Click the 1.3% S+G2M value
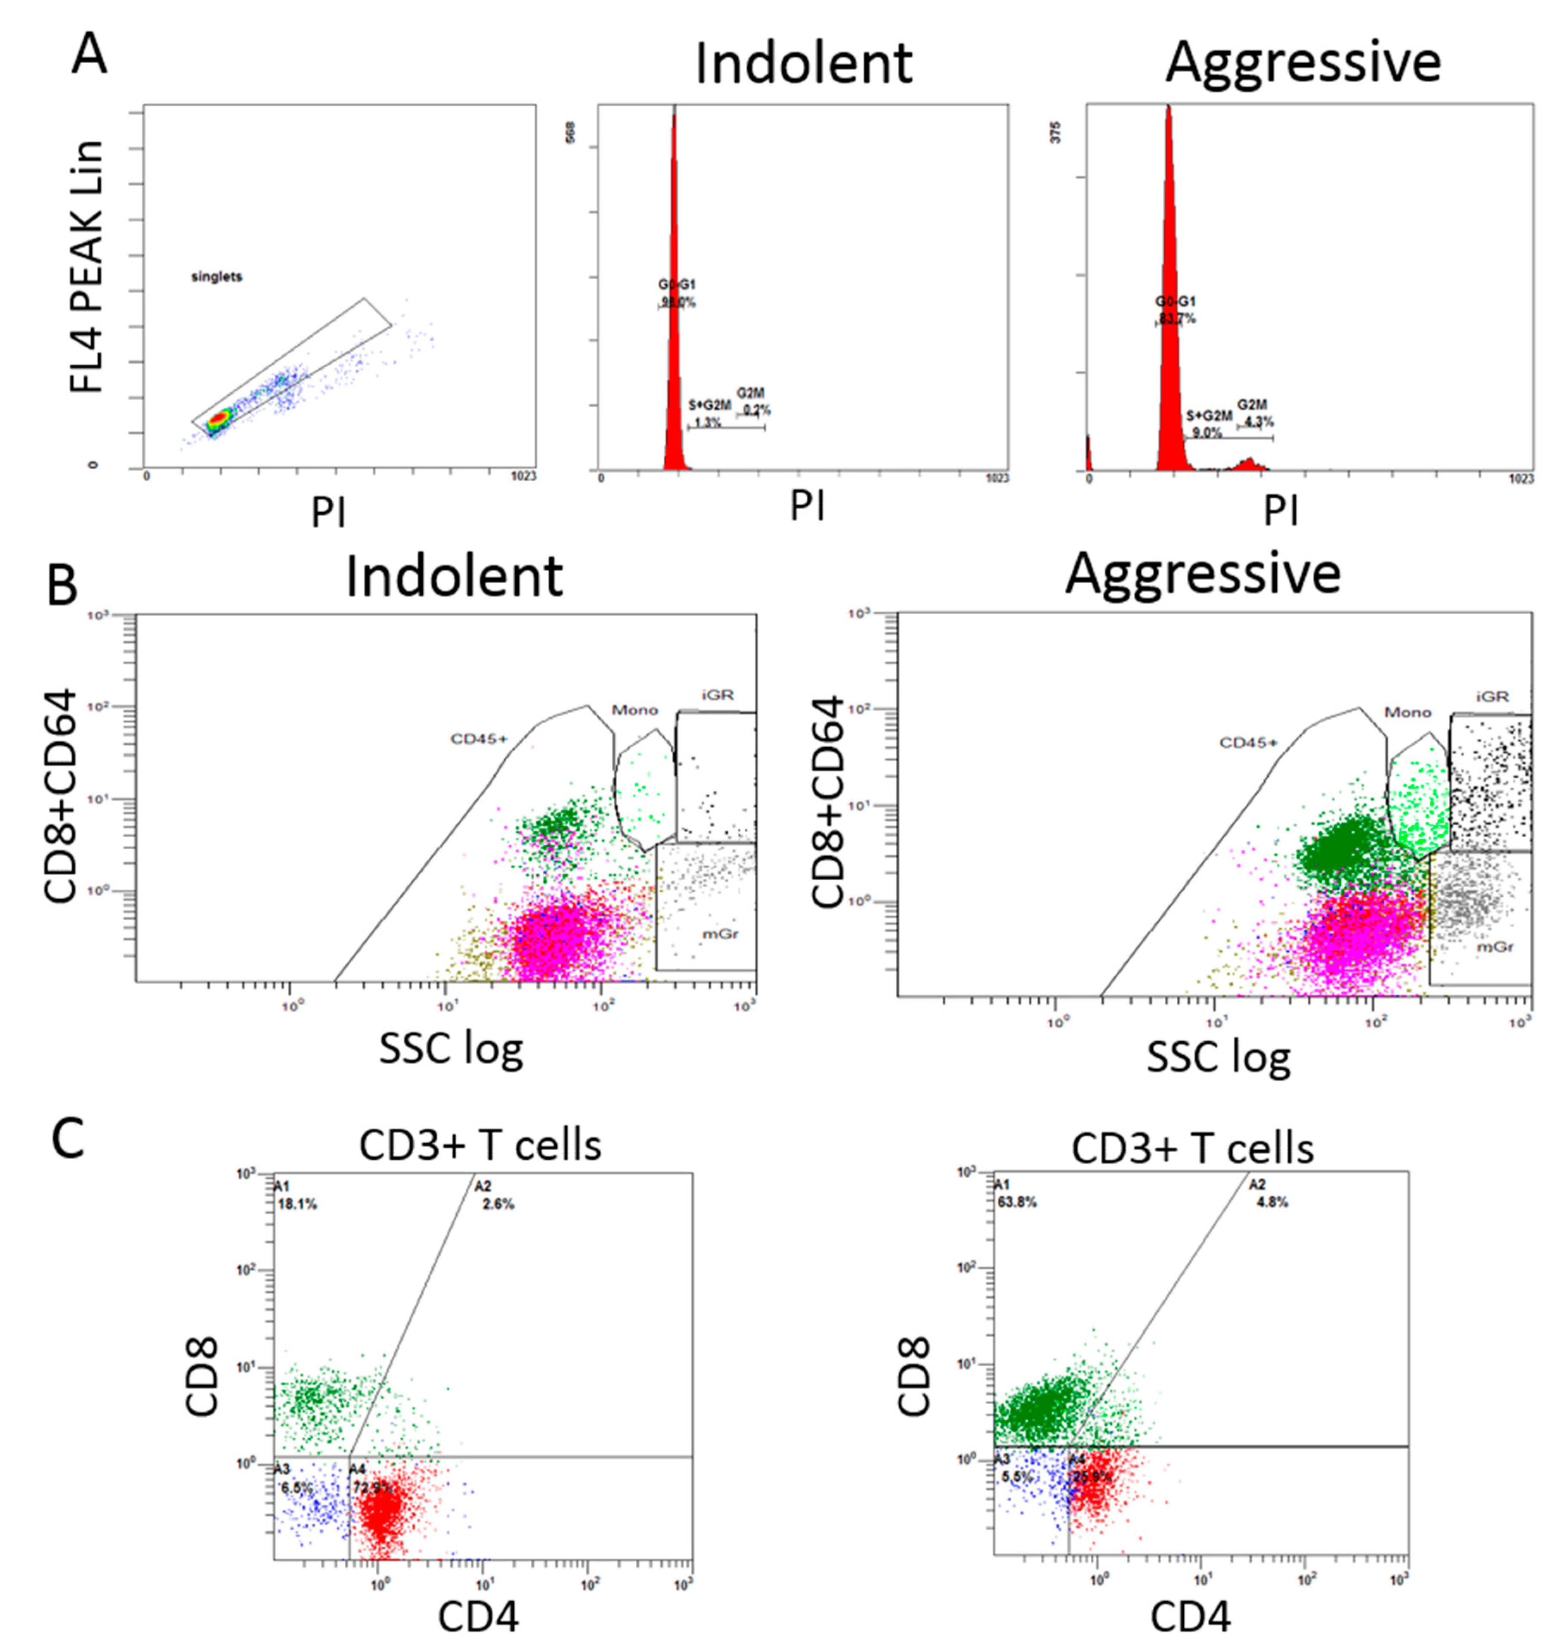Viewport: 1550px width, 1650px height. click(x=707, y=422)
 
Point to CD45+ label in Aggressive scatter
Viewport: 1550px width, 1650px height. click(x=1248, y=742)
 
